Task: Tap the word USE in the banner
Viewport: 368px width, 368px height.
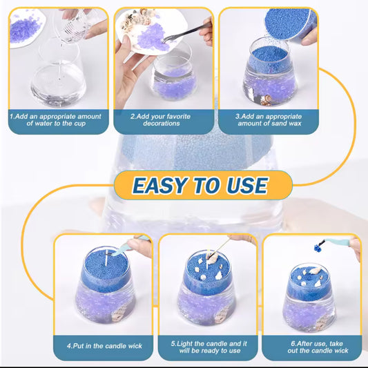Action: [244, 185]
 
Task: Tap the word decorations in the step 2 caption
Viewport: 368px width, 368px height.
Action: [164, 123]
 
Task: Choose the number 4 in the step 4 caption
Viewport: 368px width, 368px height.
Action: [70, 345]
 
